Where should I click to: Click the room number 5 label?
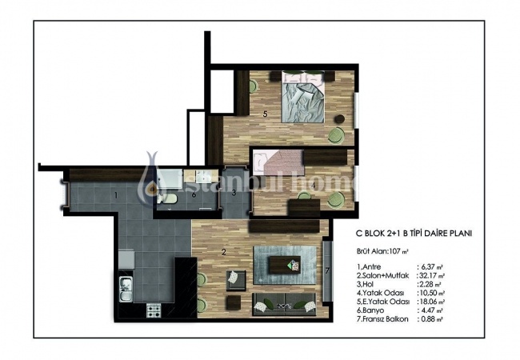pyautogui.click(x=265, y=114)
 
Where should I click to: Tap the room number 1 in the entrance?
pyautogui.click(x=116, y=195)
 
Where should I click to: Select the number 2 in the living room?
pyautogui.click(x=224, y=252)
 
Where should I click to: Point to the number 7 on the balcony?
pyautogui.click(x=327, y=271)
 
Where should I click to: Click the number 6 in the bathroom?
pyautogui.click(x=194, y=194)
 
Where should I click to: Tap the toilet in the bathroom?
pyautogui.click(x=166, y=198)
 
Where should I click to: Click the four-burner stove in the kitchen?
pyautogui.click(x=154, y=310)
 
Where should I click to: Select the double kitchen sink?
pyautogui.click(x=126, y=290)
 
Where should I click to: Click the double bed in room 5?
pyautogui.click(x=302, y=97)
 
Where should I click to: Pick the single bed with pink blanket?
pyautogui.click(x=278, y=162)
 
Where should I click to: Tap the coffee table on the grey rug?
pyautogui.click(x=285, y=265)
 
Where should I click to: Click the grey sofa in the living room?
pyautogui.click(x=284, y=304)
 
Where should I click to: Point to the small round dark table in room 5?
pyautogui.click(x=340, y=118)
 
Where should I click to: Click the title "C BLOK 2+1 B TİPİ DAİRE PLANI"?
pyautogui.click(x=414, y=234)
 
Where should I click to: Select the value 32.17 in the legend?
pyautogui.click(x=428, y=275)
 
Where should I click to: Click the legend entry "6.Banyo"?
pyautogui.click(x=370, y=310)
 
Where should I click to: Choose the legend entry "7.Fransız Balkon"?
pyautogui.click(x=382, y=319)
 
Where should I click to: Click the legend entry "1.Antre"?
pyautogui.click(x=369, y=267)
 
